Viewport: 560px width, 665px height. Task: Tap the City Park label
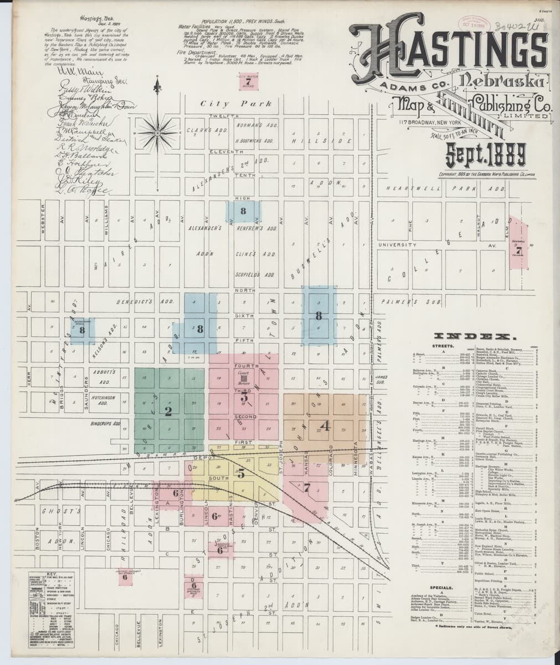[x=237, y=104]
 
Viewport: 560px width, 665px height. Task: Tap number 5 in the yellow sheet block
[x=241, y=474]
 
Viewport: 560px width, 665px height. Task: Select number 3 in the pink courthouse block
[x=244, y=397]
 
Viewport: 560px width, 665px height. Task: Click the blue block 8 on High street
[x=243, y=211]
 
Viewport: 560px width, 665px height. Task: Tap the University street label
[x=397, y=244]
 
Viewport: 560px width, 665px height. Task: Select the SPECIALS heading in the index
[x=441, y=586]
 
